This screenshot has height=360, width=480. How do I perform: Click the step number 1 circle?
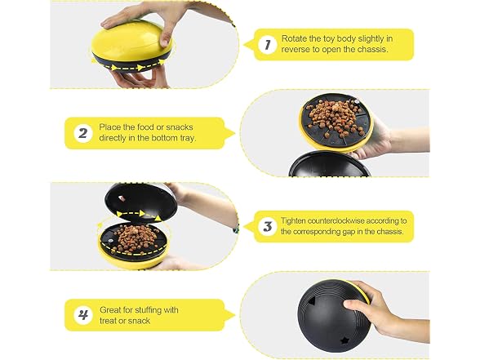(267, 45)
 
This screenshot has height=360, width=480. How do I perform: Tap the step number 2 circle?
(83, 133)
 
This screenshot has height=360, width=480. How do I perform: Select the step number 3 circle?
(267, 226)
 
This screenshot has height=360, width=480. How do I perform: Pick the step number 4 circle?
(83, 315)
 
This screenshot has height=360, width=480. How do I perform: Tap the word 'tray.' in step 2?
(188, 138)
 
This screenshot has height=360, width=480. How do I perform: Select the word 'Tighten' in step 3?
(293, 221)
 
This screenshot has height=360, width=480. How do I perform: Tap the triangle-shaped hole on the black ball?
(312, 301)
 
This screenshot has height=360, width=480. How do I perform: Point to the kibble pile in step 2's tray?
(336, 118)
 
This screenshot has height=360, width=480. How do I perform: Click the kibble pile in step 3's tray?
(135, 238)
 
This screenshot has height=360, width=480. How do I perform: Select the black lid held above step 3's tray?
(140, 202)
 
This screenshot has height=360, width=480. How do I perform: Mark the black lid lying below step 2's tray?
(330, 165)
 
